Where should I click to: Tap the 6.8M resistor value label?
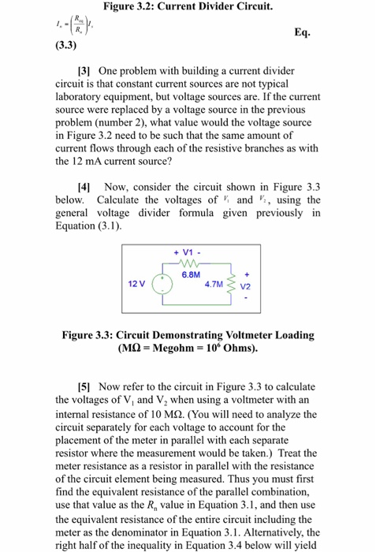(x=190, y=274)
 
